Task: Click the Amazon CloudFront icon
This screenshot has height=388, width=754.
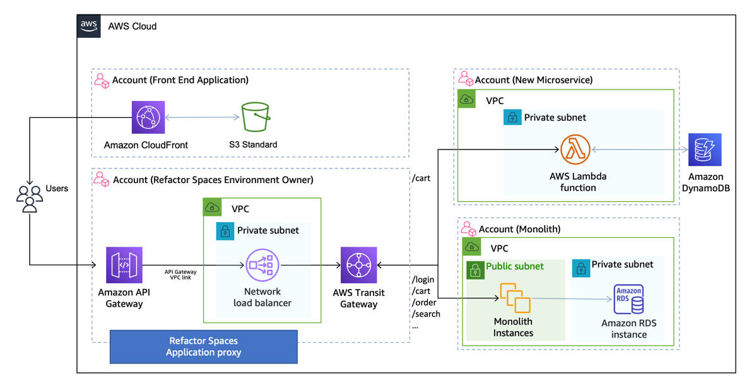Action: tap(148, 117)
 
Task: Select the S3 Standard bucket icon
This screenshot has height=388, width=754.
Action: tap(253, 117)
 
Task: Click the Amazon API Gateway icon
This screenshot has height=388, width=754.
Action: tap(124, 265)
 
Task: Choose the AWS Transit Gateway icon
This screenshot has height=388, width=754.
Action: tap(358, 265)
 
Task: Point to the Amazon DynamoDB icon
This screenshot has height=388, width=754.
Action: tap(705, 150)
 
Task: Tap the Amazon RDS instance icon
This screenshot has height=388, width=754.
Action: tap(628, 299)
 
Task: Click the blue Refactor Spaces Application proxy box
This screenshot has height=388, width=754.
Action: tap(203, 346)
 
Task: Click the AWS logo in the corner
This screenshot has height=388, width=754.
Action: tap(89, 26)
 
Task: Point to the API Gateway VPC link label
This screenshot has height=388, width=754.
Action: tap(180, 274)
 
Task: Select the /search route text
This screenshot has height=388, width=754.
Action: tap(426, 314)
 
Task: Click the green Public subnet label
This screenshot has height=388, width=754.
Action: tap(514, 266)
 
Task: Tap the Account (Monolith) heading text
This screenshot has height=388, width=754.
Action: tap(519, 229)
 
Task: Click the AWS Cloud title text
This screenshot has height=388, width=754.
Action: tap(133, 26)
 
